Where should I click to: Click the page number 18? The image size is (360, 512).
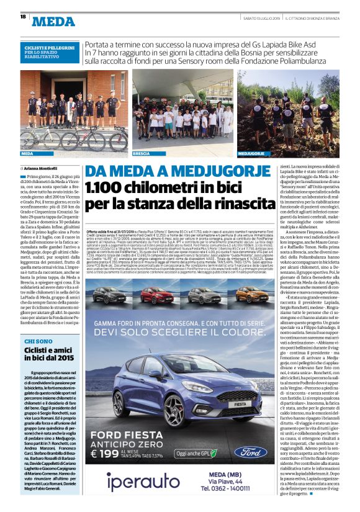[x=22, y=17]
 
